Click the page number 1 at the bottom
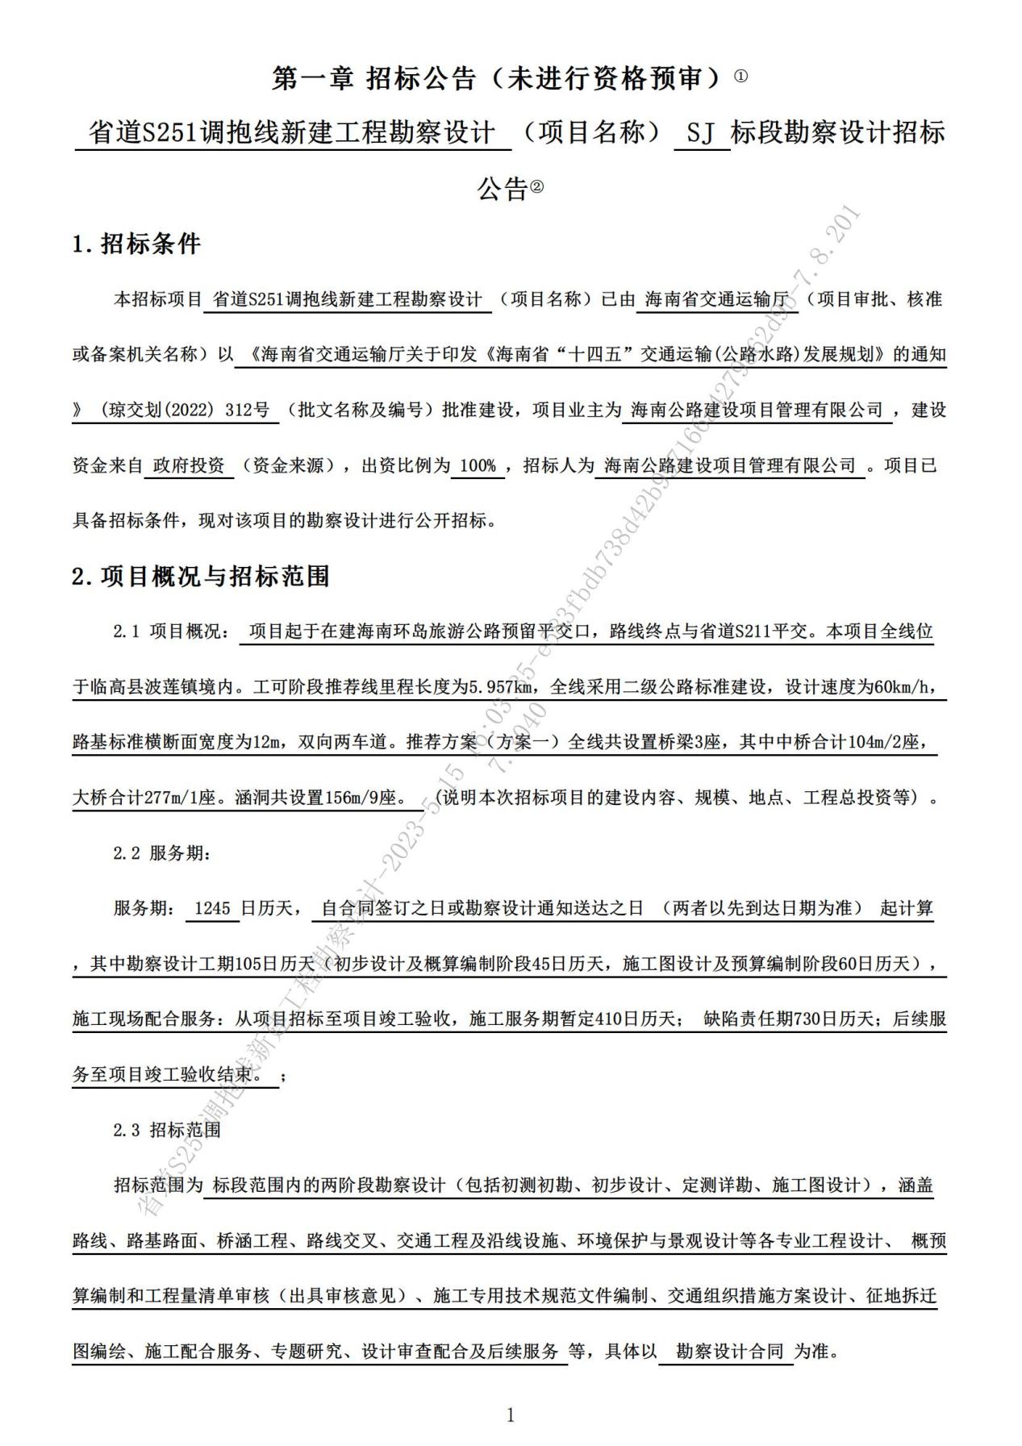click(x=510, y=1415)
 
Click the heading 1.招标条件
click(x=136, y=244)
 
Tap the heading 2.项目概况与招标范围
click(x=201, y=576)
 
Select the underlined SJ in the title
click(x=701, y=133)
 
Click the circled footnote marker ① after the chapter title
click(x=741, y=77)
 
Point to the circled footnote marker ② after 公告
click(x=537, y=188)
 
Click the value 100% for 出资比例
click(x=478, y=465)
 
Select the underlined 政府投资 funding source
click(x=189, y=465)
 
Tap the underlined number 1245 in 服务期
click(x=213, y=908)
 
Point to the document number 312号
click(x=248, y=410)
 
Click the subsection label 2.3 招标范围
click(x=166, y=1130)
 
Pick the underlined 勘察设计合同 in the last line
click(x=729, y=1351)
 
